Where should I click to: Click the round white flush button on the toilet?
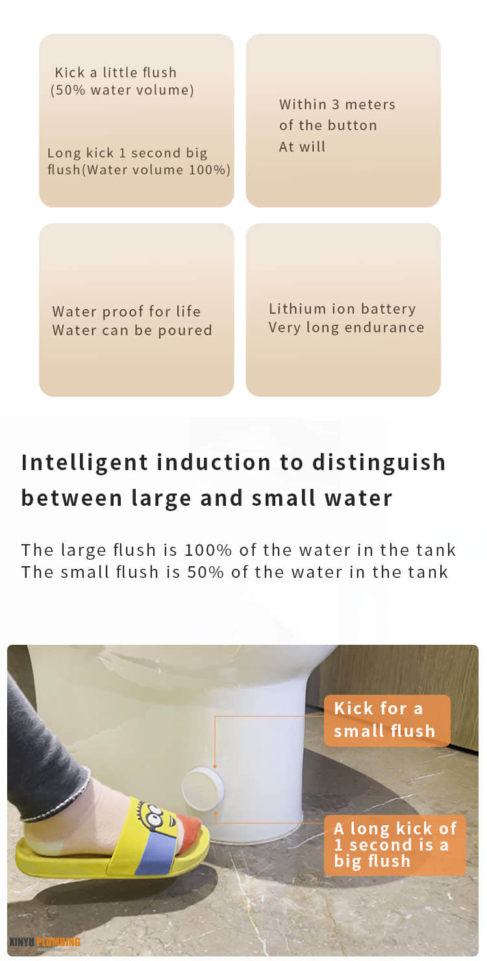pos(203,790)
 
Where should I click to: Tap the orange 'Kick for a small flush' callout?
pos(387,720)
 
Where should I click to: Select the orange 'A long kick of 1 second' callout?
pos(395,845)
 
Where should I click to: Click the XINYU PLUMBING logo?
pos(45,943)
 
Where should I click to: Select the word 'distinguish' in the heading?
pos(379,462)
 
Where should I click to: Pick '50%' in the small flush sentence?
pos(205,572)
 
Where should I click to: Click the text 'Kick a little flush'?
pos(116,72)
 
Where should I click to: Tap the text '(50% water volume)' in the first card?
pos(122,90)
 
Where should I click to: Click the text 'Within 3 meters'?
pos(337,105)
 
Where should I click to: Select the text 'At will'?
pos(302,147)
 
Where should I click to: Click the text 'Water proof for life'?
pos(127,311)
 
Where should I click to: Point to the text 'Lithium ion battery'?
pos(342,308)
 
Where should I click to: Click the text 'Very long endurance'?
pos(347,327)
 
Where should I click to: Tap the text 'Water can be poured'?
pos(132,330)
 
